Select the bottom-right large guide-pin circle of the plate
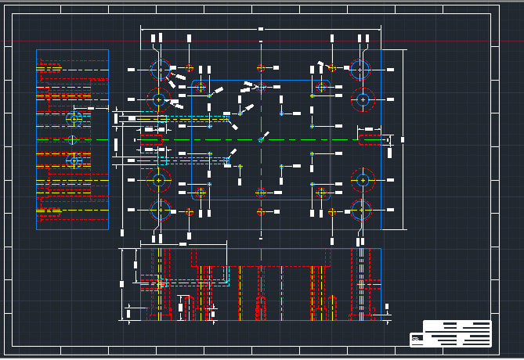[x=361, y=209]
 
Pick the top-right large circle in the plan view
[x=361, y=69]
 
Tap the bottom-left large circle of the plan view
[x=160, y=209]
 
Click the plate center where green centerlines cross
[x=261, y=139]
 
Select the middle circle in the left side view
[x=72, y=140]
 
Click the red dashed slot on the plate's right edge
[x=369, y=139]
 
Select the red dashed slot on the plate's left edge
[x=150, y=139]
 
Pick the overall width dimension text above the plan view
[x=261, y=29]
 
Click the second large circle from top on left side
[x=160, y=100]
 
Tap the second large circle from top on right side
[x=362, y=99]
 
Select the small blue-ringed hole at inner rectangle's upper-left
[x=201, y=86]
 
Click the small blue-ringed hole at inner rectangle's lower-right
[x=320, y=192]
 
